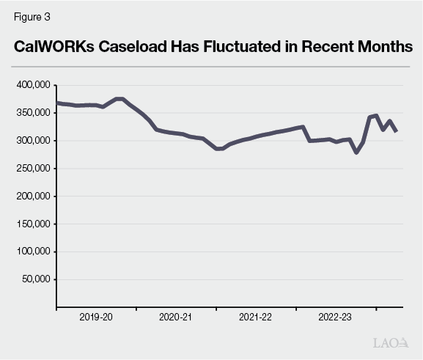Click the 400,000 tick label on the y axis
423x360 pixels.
coord(32,86)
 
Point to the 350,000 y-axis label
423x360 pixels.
coord(32,113)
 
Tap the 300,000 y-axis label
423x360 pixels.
coord(32,141)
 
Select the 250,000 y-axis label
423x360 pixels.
coord(32,169)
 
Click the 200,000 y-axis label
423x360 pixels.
coord(32,196)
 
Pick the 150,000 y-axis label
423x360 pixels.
coord(32,224)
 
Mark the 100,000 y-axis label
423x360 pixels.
coord(32,251)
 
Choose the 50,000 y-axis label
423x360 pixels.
coord(34,279)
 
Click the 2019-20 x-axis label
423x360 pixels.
coord(96,317)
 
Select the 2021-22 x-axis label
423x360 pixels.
coord(256,317)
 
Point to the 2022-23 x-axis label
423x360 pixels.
coord(336,317)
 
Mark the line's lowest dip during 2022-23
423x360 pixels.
coord(356,153)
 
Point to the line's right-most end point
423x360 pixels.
coord(397,131)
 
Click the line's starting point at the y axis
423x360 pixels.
coord(57,103)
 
